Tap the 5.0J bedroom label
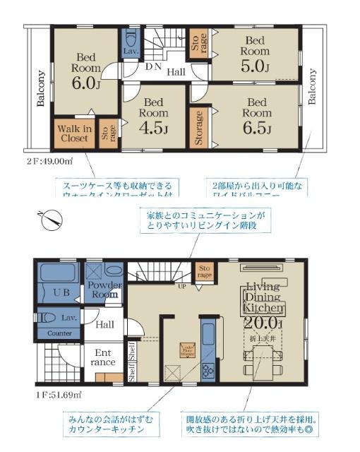[x=255, y=55]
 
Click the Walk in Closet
[x=73, y=133]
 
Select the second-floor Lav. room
[x=131, y=44]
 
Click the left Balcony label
[x=41, y=88]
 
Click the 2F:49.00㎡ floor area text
[x=49, y=161]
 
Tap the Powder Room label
[x=104, y=290]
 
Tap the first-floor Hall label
[x=105, y=324]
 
